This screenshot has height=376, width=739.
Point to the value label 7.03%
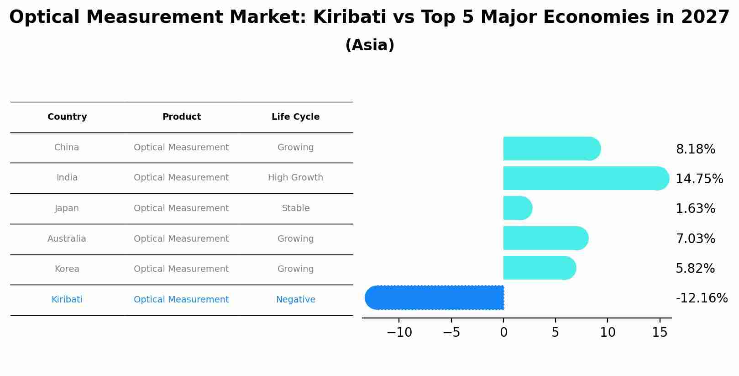point(695,239)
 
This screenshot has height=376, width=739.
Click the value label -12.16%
point(702,298)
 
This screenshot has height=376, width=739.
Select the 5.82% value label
point(695,269)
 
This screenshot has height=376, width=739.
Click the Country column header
point(67,117)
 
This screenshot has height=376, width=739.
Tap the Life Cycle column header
point(295,117)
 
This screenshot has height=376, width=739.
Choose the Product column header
point(181,117)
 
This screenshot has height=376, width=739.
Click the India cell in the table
point(67,178)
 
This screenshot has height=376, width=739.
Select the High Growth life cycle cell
point(295,178)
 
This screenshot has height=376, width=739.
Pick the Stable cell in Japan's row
point(295,208)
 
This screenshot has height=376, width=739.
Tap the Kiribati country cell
point(67,300)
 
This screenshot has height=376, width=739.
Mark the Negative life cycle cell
point(295,300)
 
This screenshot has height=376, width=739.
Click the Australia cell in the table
point(67,239)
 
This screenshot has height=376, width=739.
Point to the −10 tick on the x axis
point(399,333)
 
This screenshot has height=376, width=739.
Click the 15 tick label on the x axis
point(660,333)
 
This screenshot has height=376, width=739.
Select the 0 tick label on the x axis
point(503,333)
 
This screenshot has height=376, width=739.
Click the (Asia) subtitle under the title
point(370,45)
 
